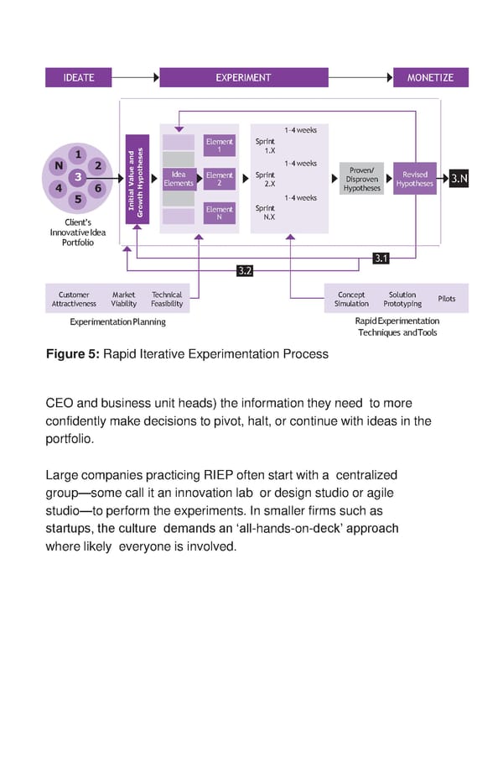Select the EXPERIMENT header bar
243,77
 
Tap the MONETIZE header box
430,77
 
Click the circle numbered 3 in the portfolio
78,177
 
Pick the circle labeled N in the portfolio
58,165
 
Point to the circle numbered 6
98,188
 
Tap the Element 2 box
220,179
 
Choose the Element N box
220,213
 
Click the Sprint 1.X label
266,146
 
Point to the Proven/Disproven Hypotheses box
362,179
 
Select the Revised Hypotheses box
415,179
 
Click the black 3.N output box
459,179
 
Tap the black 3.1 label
381,258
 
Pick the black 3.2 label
245,270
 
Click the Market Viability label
123,300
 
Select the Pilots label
447,299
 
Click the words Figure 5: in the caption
71,354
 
